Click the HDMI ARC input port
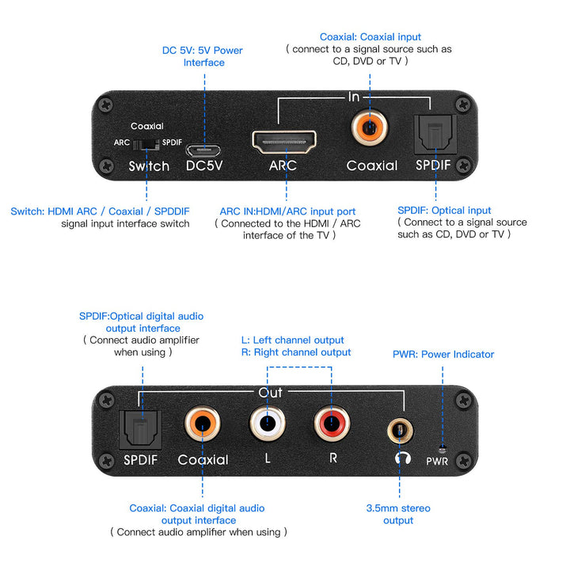283,142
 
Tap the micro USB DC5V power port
203,148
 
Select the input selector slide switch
147,144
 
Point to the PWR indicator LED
443,446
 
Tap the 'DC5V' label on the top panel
203,165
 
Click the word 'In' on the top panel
354,97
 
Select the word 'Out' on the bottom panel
271,393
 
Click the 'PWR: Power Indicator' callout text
443,354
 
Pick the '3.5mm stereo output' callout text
398,514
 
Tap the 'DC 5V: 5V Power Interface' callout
203,56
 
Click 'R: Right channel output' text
295,352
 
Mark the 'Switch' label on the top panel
149,166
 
